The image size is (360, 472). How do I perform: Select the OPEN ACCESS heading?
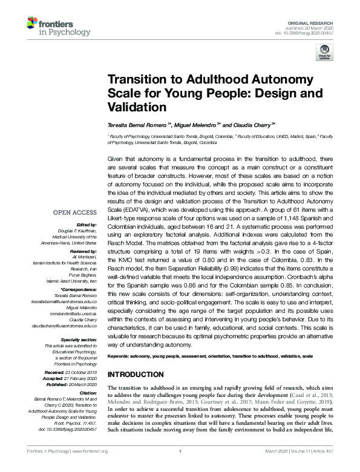point(75,212)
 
